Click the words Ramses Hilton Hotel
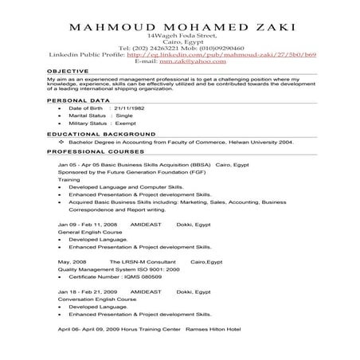pos(220,329)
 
